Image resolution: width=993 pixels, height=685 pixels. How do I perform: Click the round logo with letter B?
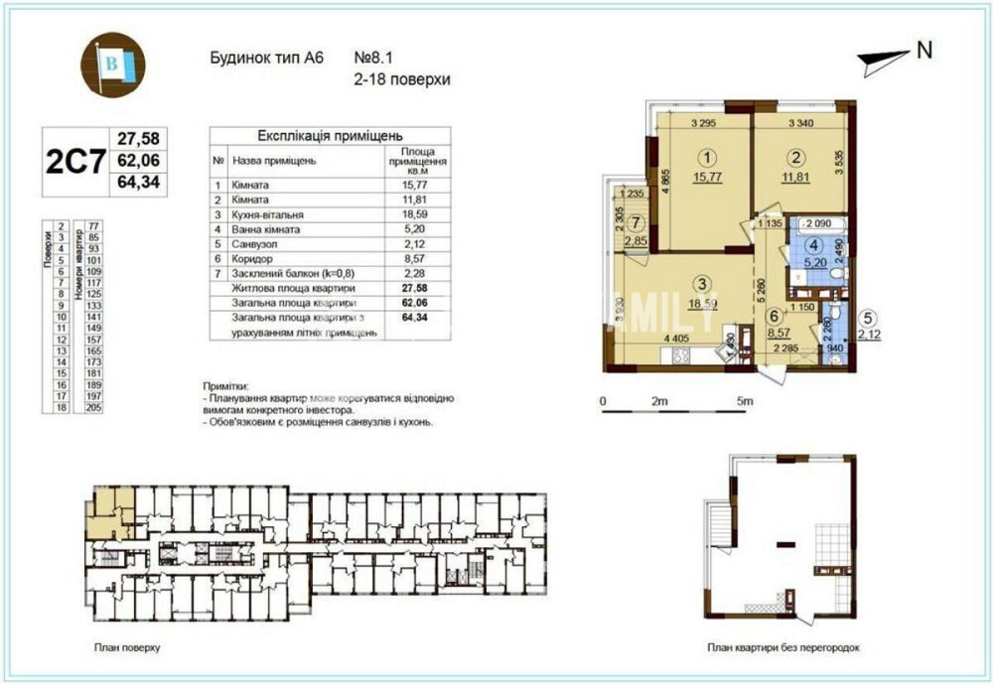click(112, 65)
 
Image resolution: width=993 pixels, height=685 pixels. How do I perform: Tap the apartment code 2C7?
click(75, 160)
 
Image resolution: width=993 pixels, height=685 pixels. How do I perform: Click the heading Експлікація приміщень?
click(330, 137)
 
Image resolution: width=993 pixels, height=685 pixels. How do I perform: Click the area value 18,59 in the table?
click(413, 213)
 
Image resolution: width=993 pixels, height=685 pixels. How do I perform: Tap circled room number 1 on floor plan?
click(706, 157)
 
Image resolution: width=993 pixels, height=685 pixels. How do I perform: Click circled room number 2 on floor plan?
click(794, 156)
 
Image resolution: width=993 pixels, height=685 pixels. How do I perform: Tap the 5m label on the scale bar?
click(746, 401)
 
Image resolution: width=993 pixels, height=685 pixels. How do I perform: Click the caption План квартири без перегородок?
click(783, 647)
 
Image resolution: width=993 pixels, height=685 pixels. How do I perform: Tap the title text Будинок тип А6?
click(262, 59)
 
